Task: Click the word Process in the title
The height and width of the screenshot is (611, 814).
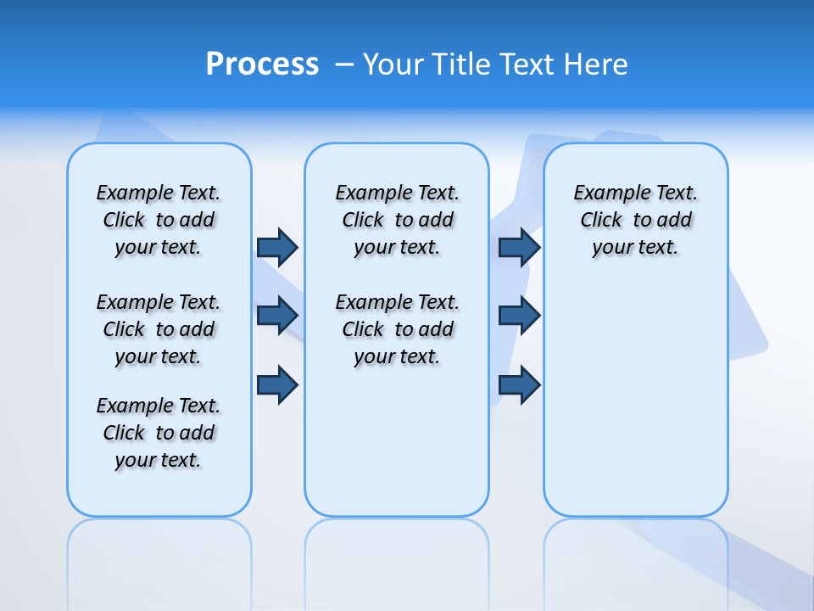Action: click(x=262, y=64)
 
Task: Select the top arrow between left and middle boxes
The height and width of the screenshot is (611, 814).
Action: click(x=277, y=247)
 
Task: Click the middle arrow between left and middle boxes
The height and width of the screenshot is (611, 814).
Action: click(x=277, y=316)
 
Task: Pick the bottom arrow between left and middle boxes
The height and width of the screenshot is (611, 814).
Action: click(x=277, y=384)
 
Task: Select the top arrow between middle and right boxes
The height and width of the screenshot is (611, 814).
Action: click(x=519, y=247)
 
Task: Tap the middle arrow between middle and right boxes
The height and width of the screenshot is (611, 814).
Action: click(x=519, y=316)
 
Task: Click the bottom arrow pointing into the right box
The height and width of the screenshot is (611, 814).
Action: click(x=519, y=384)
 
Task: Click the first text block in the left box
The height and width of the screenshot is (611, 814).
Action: click(x=159, y=220)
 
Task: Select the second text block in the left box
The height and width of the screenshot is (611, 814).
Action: click(x=159, y=329)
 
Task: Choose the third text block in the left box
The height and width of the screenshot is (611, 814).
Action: click(x=159, y=433)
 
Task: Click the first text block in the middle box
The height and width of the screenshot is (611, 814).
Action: click(x=397, y=220)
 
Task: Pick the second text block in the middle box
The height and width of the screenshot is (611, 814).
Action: click(x=397, y=329)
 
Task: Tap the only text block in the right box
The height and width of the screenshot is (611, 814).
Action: click(x=635, y=220)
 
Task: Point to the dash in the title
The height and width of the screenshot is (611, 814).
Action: click(x=344, y=64)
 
